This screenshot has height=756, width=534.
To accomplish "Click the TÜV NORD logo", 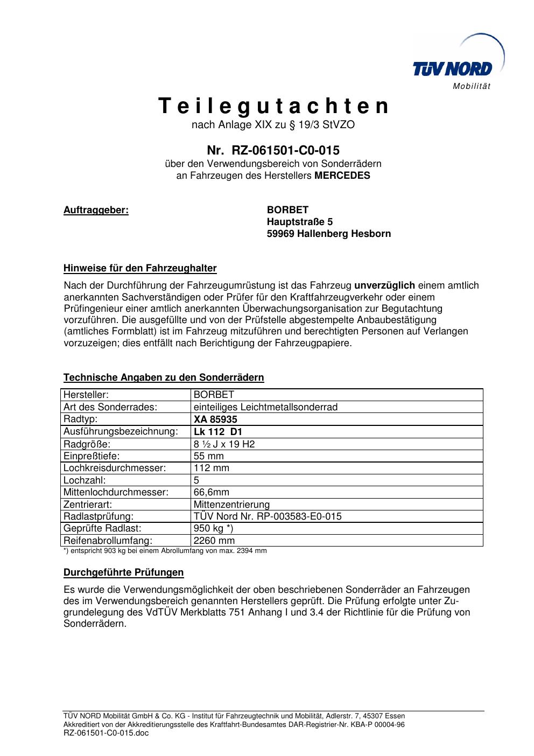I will click(x=453, y=68).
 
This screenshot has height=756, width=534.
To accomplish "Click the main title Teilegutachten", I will click(x=273, y=106).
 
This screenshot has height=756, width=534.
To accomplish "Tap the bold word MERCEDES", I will click(x=342, y=176).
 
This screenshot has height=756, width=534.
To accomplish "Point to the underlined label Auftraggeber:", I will click(x=96, y=210).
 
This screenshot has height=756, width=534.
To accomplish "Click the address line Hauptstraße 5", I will click(x=300, y=222).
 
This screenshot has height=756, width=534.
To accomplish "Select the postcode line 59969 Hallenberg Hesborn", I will click(x=329, y=234).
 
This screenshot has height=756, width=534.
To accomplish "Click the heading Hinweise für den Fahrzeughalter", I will click(x=140, y=268).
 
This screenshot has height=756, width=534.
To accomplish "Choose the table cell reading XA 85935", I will click(x=215, y=419).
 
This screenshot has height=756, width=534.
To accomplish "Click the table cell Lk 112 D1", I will click(x=217, y=431).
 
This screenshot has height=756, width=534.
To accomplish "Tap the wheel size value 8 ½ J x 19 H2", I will click(x=224, y=444).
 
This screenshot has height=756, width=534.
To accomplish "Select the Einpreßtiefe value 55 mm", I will click(x=208, y=456).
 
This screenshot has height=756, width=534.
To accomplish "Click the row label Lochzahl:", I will click(x=85, y=480).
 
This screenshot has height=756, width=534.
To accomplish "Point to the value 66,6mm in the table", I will click(x=211, y=492).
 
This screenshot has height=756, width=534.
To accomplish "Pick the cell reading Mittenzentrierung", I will click(x=231, y=505).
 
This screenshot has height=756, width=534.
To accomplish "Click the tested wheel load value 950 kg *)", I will click(x=213, y=528).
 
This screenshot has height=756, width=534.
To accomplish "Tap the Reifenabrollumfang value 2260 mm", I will click(x=214, y=541).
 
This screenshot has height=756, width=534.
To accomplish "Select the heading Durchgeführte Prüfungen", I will click(x=123, y=572).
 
